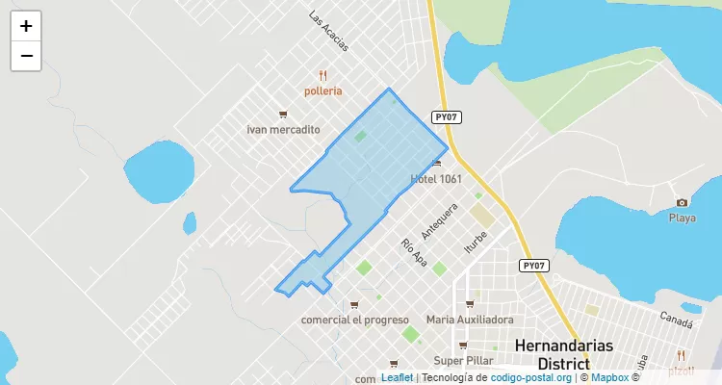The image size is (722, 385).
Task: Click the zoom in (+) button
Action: point(26,26)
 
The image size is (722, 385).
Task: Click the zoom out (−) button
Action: point(26,56)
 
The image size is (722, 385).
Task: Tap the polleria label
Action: point(322,91)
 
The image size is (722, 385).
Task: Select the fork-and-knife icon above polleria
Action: point(323,75)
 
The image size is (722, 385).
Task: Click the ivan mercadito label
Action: point(283,129)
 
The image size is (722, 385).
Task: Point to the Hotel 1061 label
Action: point(436,179)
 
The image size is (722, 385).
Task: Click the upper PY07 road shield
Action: point(446,117)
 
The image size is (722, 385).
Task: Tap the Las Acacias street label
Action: point(328,30)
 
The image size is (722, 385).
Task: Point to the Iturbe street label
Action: point(475,237)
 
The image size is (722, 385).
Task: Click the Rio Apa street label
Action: point(414,252)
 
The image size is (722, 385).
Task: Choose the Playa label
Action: point(682,218)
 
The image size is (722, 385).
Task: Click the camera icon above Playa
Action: point(682,202)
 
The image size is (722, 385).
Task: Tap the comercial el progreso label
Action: point(355,320)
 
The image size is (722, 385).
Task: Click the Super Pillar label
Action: point(463,361)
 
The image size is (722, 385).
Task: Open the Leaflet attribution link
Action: point(397,377)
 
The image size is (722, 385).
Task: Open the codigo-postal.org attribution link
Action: point(531,377)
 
